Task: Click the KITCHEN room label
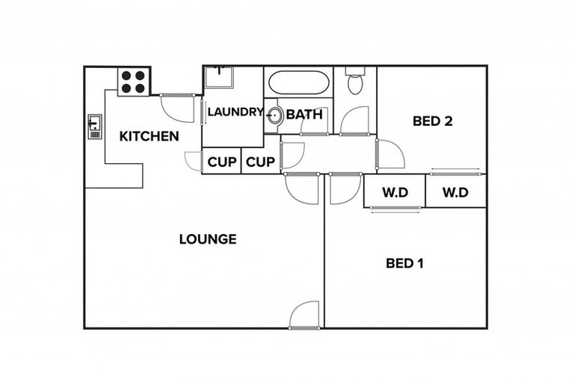[x=149, y=136]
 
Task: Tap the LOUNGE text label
[x=208, y=239]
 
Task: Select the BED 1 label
[x=405, y=263]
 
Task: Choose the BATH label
[x=305, y=114]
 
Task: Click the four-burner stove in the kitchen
[x=135, y=81]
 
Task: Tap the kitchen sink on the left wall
[x=95, y=126]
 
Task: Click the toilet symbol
[x=355, y=82]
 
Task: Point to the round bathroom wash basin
[x=274, y=115]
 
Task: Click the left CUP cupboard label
[x=222, y=162]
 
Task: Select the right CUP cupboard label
[x=261, y=162]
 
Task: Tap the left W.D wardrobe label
[x=395, y=192]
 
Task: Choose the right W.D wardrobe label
[x=455, y=192]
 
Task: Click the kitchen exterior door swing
[x=178, y=107]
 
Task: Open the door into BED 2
[x=390, y=155]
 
